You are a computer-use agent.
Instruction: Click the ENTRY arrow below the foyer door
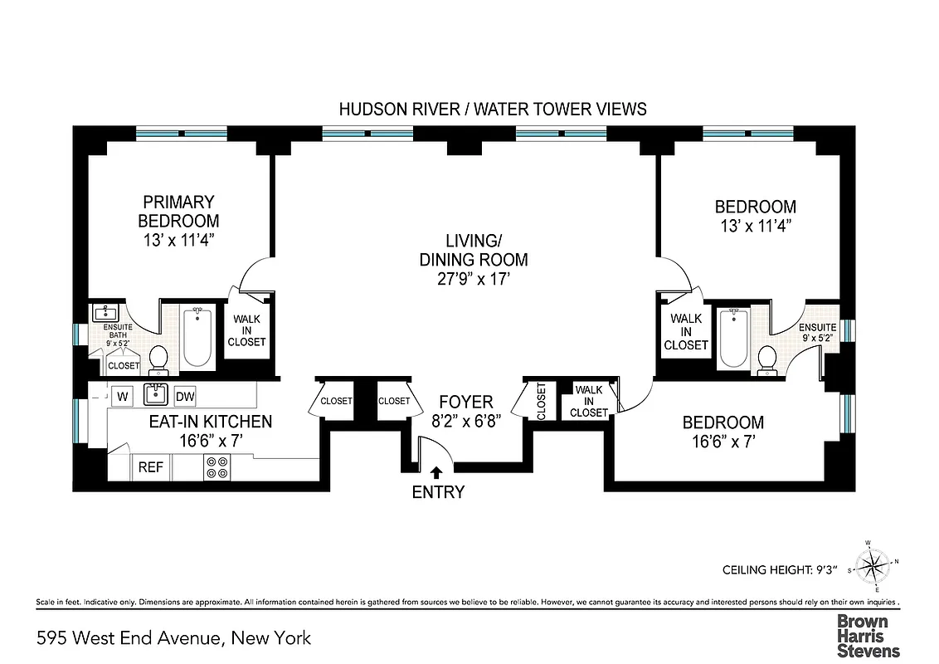(x=438, y=473)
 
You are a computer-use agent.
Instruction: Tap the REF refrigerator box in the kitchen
(x=150, y=467)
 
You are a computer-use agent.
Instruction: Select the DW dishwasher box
(x=185, y=396)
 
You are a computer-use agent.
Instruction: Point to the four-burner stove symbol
(x=217, y=468)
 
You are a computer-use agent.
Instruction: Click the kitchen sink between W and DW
(x=156, y=394)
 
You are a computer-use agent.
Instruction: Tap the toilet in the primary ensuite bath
(x=158, y=359)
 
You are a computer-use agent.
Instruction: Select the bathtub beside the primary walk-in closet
(x=197, y=337)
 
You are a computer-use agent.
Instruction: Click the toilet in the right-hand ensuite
(x=767, y=359)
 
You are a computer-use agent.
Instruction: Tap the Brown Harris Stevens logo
(x=868, y=636)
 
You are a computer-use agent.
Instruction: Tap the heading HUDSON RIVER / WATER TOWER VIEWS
(x=493, y=109)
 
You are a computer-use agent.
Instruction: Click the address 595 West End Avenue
(x=174, y=637)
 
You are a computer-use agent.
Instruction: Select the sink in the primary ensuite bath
(x=106, y=314)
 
